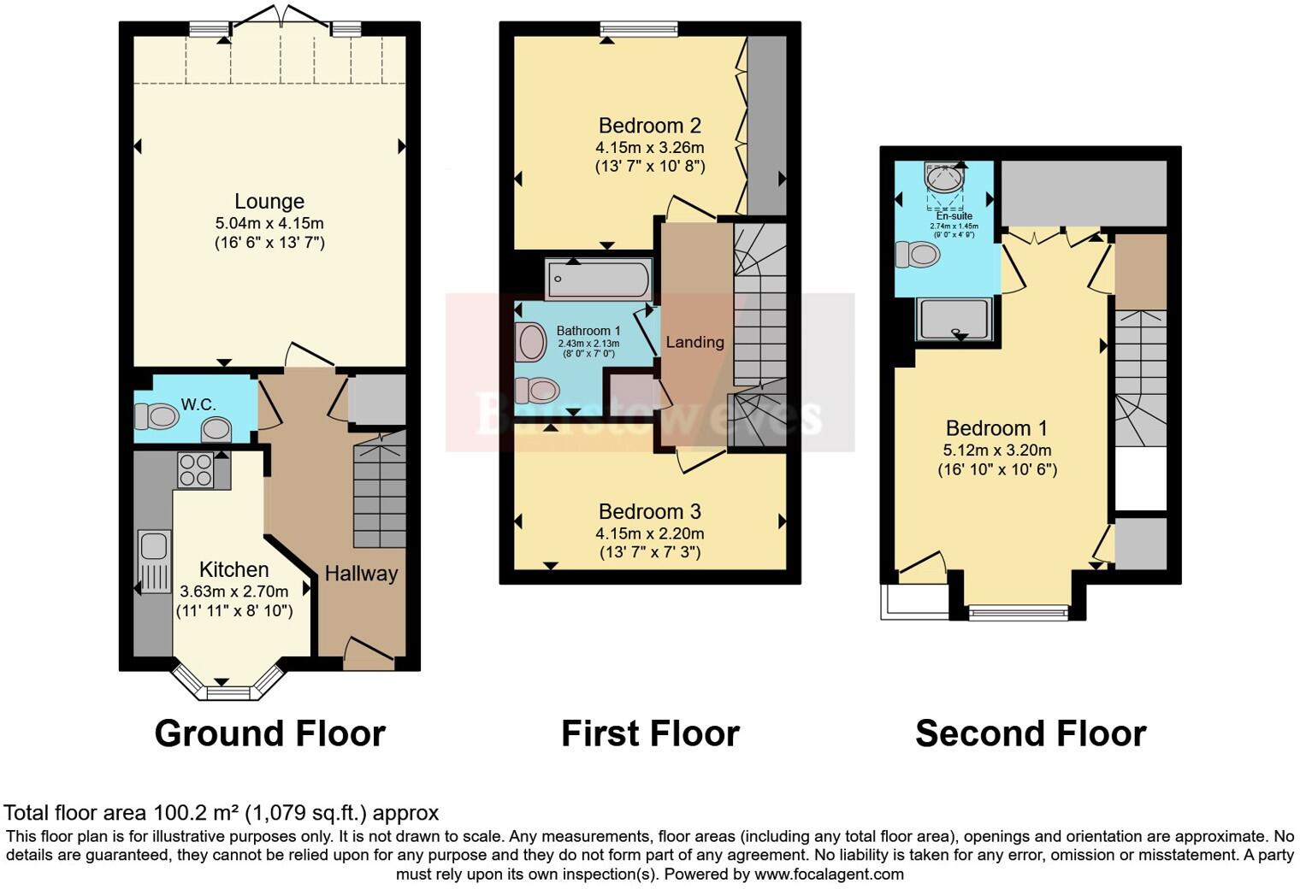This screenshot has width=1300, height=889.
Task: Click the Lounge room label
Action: pos(269,202)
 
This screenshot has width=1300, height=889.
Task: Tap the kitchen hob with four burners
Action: pos(195,469)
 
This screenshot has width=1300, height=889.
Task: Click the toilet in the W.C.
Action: pos(157,417)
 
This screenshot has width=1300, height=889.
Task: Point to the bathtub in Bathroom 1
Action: pos(599,280)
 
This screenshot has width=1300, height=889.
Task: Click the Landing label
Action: pos(694,342)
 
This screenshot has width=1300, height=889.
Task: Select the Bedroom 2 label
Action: pos(650,126)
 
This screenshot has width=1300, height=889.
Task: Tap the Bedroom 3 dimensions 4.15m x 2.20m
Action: pos(650,533)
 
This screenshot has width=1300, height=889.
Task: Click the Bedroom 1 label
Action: pos(996,428)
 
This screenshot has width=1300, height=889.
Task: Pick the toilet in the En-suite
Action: pos(918,254)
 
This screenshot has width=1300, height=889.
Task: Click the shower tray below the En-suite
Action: pos(954,319)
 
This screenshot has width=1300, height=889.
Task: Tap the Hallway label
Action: pos(361,574)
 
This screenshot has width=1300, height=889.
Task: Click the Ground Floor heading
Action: pos(269,733)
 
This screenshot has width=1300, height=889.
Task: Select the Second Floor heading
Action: pos(1031,733)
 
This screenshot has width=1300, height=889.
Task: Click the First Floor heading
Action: pos(650,733)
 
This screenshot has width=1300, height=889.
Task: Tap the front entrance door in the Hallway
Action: pos(369,656)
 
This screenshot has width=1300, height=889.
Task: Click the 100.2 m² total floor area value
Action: pos(197,813)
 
